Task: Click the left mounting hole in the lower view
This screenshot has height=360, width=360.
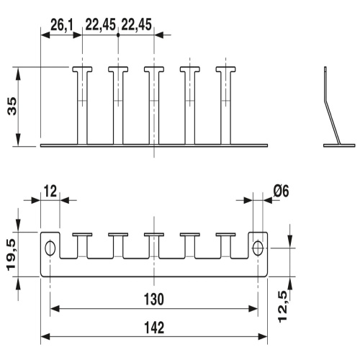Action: click(50, 248)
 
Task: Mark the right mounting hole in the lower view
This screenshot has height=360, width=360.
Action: click(258, 248)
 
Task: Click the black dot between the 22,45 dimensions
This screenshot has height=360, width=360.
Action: click(118, 34)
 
